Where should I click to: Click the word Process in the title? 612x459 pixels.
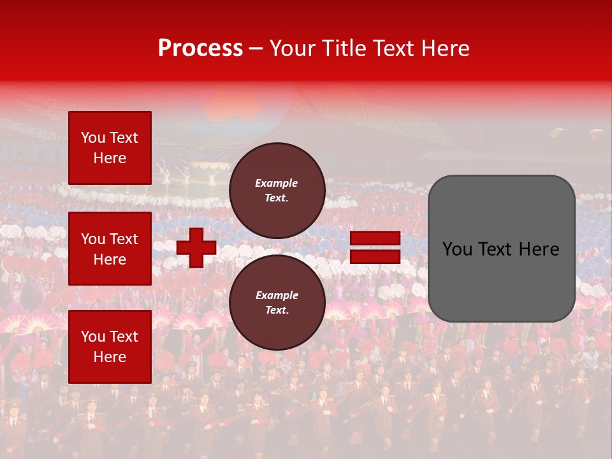pos(200,48)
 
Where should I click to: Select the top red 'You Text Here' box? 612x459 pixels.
pos(110,148)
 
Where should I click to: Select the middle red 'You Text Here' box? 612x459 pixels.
pos(110,249)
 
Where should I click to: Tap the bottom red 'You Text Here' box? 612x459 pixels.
pos(110,347)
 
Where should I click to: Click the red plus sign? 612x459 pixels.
pos(196,247)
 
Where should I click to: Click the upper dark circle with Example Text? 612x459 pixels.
pos(277,191)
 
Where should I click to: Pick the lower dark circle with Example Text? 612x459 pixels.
pos(277,303)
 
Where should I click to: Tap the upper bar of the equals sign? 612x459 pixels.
pos(375,238)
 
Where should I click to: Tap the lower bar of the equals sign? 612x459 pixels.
pos(375,257)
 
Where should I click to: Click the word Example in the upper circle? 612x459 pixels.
pos(277,183)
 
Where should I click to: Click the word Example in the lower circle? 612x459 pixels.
pos(277,295)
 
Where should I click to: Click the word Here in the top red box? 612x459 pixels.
pos(110,158)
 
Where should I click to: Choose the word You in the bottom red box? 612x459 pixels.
pos(93,337)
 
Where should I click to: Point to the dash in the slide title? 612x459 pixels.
pos(256,49)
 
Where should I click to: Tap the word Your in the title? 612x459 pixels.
pos(292,48)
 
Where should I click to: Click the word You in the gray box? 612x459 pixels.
pos(458,249)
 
